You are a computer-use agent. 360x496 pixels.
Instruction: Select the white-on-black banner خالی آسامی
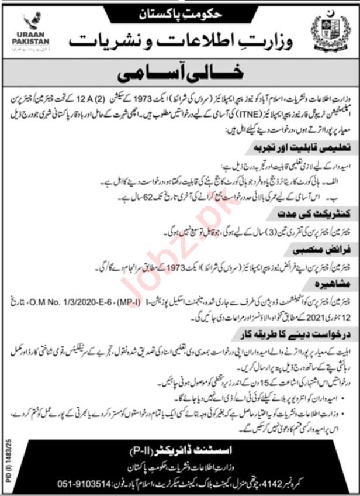click(180, 75)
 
